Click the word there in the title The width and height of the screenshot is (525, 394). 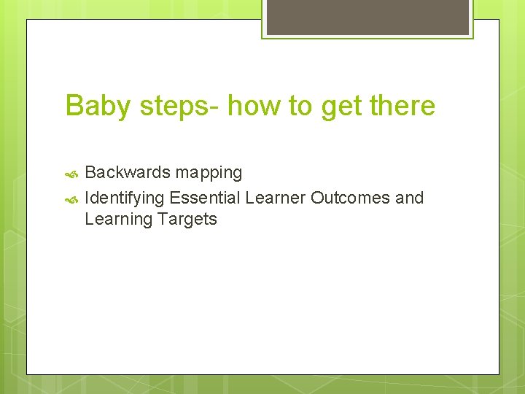(x=402, y=107)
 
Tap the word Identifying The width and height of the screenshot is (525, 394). (x=124, y=198)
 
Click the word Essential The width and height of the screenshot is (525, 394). (x=205, y=198)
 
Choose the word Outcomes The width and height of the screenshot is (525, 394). (x=350, y=198)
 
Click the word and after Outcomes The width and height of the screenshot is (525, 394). (x=409, y=198)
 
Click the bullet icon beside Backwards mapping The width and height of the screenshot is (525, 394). (x=71, y=174)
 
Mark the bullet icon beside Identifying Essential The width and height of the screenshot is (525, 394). (x=71, y=198)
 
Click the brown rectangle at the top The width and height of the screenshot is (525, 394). (x=367, y=17)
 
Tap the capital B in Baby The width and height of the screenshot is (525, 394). (x=74, y=107)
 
